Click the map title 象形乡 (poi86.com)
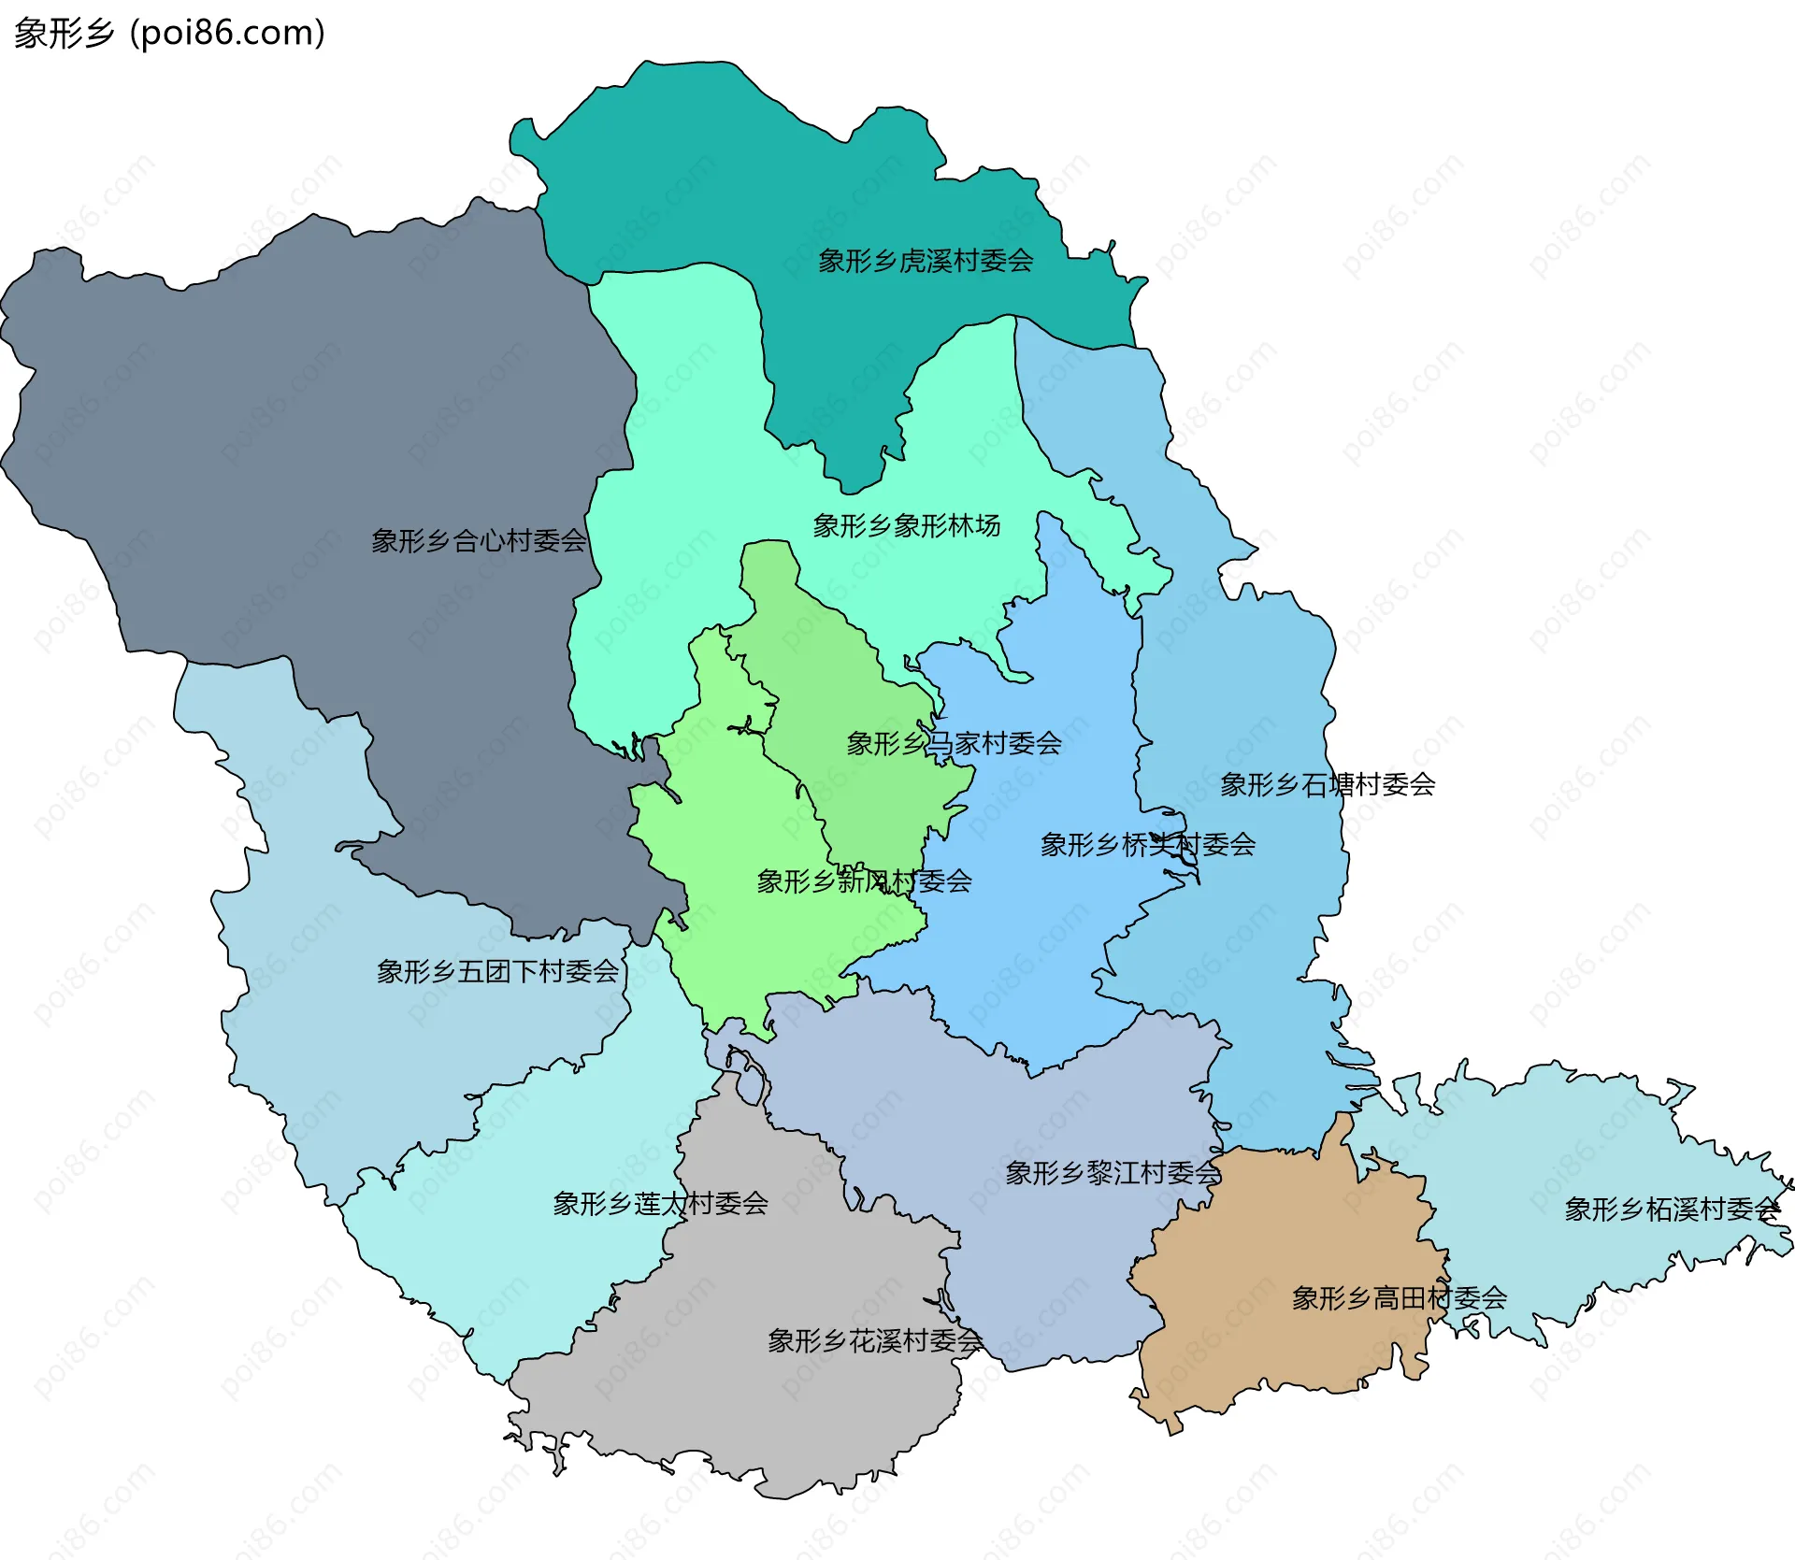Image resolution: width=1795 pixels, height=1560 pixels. click(x=169, y=34)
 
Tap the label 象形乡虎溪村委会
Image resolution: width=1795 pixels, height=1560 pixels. click(x=926, y=261)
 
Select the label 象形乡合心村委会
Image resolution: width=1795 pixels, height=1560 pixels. click(x=479, y=540)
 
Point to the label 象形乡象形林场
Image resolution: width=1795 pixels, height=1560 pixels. click(x=906, y=525)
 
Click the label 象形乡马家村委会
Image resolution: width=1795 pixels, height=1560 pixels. click(x=954, y=744)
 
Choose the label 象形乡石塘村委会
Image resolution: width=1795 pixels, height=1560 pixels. click(x=1328, y=784)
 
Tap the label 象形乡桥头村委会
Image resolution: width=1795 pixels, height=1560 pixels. click(x=1147, y=845)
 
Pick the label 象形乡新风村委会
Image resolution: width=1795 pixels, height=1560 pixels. click(x=864, y=881)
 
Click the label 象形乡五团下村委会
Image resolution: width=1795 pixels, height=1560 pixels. click(x=497, y=972)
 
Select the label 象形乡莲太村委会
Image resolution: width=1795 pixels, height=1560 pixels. click(x=660, y=1203)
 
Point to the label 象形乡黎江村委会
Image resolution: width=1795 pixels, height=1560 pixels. click(x=1113, y=1173)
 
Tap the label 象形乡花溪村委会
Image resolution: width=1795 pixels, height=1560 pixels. click(x=874, y=1341)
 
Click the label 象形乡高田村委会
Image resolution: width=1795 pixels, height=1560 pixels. click(x=1399, y=1297)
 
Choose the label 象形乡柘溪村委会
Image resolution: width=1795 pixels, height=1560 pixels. click(x=1672, y=1209)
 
